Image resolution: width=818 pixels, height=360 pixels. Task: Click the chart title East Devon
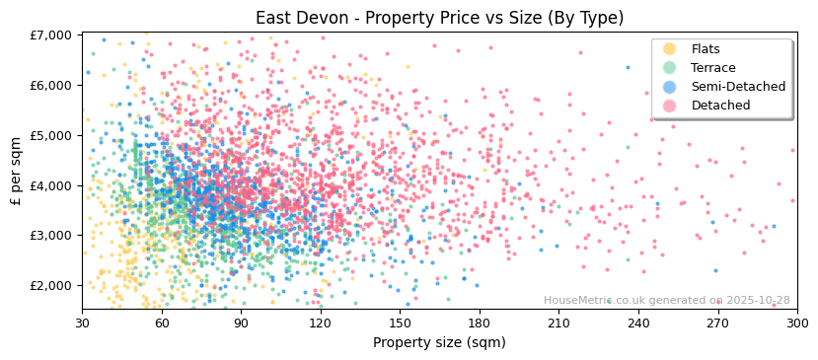[439, 18]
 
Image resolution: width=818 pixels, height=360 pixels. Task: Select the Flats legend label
[706, 49]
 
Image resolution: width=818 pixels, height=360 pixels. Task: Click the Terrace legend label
[711, 68]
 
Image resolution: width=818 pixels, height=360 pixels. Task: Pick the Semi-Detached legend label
[738, 87]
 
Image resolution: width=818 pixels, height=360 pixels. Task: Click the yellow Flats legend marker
[670, 49]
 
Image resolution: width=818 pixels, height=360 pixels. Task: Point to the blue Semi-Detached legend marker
[670, 87]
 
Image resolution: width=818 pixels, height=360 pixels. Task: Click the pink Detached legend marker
[670, 106]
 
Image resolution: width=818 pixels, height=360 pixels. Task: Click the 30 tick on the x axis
[82, 324]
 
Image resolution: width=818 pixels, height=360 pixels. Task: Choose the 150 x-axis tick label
[400, 324]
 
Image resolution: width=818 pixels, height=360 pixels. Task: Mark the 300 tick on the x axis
[796, 324]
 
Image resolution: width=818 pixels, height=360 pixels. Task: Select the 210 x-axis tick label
[558, 324]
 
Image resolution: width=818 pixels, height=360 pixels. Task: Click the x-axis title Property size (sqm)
[439, 343]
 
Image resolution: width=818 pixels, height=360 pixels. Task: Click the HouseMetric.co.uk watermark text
[666, 301]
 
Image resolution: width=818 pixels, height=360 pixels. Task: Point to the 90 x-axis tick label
[241, 324]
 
